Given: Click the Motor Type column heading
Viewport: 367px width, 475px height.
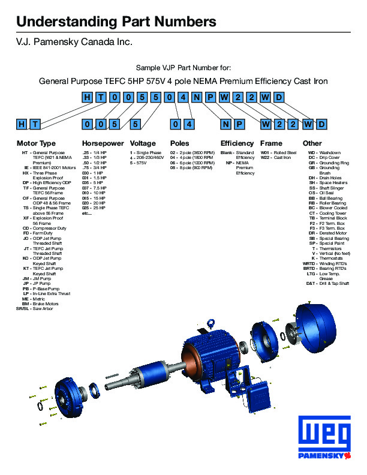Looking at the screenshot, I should point(36,143).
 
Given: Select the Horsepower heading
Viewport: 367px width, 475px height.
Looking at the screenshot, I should point(103,143).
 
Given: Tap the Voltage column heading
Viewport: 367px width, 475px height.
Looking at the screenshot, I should point(143,143).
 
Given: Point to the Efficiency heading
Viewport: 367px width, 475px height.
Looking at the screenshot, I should point(237,143).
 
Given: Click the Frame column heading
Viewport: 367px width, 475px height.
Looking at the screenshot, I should point(271,143).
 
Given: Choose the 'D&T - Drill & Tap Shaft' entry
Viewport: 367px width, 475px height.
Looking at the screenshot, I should point(327,283).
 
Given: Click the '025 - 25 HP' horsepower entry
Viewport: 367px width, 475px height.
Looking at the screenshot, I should point(96,208).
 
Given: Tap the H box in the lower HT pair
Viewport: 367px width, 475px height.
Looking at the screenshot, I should point(22,124).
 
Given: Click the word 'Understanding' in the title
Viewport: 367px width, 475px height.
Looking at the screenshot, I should point(65,22).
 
